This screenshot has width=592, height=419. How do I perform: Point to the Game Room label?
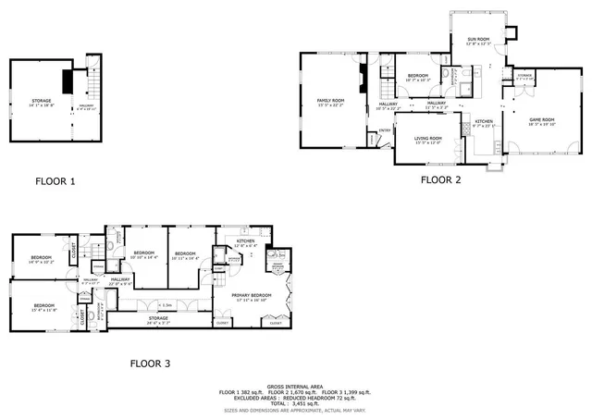tap(541, 121)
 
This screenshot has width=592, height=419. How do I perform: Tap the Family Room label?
tap(330, 102)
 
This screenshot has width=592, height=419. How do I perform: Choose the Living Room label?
tap(428, 140)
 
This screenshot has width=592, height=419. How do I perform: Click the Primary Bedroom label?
tap(250, 297)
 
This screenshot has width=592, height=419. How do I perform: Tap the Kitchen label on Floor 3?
tap(245, 242)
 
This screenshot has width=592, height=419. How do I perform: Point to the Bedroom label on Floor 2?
tap(418, 77)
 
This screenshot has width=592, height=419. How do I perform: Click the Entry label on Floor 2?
tap(385, 130)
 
